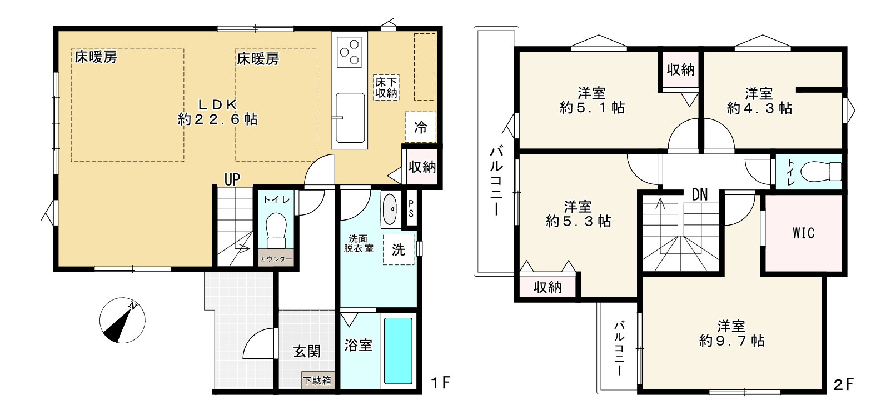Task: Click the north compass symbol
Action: (x=122, y=320)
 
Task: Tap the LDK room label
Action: (x=218, y=105)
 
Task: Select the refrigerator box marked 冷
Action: (x=420, y=127)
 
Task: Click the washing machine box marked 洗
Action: (x=399, y=249)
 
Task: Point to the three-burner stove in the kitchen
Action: (x=349, y=52)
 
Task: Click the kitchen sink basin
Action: (x=350, y=118)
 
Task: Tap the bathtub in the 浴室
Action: (x=398, y=351)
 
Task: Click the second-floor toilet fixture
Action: (x=821, y=172)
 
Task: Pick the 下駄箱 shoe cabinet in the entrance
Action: (x=317, y=380)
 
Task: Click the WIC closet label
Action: (x=804, y=233)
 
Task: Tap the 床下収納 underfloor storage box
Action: (x=386, y=88)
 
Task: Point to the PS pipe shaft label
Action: (x=411, y=209)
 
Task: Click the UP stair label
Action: (x=232, y=180)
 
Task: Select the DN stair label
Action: (x=700, y=194)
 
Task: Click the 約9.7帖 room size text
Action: (x=731, y=341)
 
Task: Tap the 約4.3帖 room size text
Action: (x=759, y=108)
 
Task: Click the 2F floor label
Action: (x=843, y=384)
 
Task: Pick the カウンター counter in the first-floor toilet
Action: (x=276, y=259)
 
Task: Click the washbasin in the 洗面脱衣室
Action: (x=390, y=209)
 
